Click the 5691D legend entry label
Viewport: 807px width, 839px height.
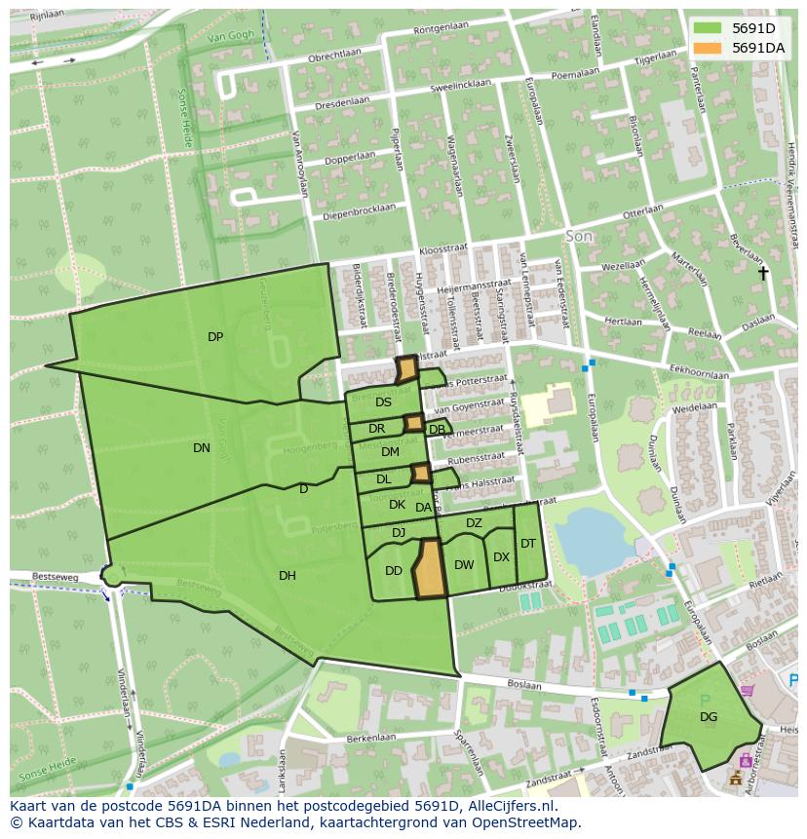(753, 27)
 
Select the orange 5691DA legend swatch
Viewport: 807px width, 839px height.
(709, 47)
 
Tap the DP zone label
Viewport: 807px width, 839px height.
(215, 337)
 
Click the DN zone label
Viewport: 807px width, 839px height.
(202, 448)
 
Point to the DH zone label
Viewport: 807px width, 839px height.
(288, 576)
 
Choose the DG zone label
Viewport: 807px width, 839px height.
(709, 717)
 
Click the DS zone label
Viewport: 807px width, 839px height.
(384, 402)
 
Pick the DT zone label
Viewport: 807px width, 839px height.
(528, 544)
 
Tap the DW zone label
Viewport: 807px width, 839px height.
(464, 565)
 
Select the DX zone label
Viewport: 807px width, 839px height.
(502, 557)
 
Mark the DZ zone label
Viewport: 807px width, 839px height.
(474, 523)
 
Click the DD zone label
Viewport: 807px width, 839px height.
(394, 571)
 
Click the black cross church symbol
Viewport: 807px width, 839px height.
(764, 274)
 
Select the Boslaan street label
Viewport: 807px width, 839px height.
(524, 685)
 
